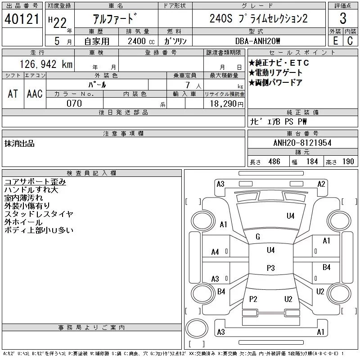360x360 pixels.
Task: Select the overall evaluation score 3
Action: coord(343,19)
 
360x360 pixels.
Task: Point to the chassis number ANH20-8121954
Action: coord(302,143)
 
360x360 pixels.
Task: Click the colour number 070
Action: coord(74,103)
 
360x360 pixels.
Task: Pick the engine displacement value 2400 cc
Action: coord(141,41)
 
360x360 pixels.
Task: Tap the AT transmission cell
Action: coord(13,94)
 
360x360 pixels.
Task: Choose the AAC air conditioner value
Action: coord(35,94)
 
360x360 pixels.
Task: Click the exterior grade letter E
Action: coord(335,41)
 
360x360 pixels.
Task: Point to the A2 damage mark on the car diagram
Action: coord(321,184)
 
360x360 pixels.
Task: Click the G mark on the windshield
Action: coord(258,237)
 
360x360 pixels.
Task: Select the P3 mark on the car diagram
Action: coord(270,268)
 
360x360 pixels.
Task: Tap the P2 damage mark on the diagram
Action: coord(253,299)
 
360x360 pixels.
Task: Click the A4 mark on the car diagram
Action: coord(215,252)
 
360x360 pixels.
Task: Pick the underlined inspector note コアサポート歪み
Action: coord(35,182)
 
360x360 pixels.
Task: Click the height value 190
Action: coord(348,162)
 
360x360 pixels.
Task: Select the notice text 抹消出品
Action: coord(19,144)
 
